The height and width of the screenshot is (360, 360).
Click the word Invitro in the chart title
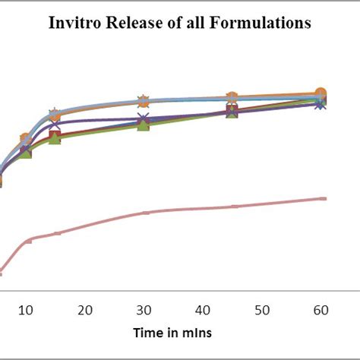(77, 24)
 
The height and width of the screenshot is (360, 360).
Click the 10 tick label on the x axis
(26, 310)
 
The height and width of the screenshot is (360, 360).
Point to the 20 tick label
(85, 310)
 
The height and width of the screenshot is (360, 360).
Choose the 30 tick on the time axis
(144, 310)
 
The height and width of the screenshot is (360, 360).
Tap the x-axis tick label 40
(203, 310)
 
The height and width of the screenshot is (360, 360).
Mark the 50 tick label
(261, 310)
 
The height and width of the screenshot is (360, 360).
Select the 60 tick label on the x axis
(321, 310)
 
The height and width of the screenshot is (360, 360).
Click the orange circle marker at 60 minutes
(321, 93)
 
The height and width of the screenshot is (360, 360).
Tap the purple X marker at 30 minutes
(144, 119)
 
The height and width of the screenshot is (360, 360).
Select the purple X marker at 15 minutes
(55, 124)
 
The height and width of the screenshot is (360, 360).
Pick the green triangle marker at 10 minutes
(26, 153)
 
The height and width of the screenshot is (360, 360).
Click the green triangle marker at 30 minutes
(144, 125)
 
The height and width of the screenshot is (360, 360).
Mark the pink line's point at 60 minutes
(322, 198)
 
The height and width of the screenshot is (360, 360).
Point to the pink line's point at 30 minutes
(145, 213)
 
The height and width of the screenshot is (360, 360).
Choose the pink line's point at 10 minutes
(28, 241)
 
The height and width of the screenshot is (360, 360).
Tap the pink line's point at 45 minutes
(233, 207)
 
